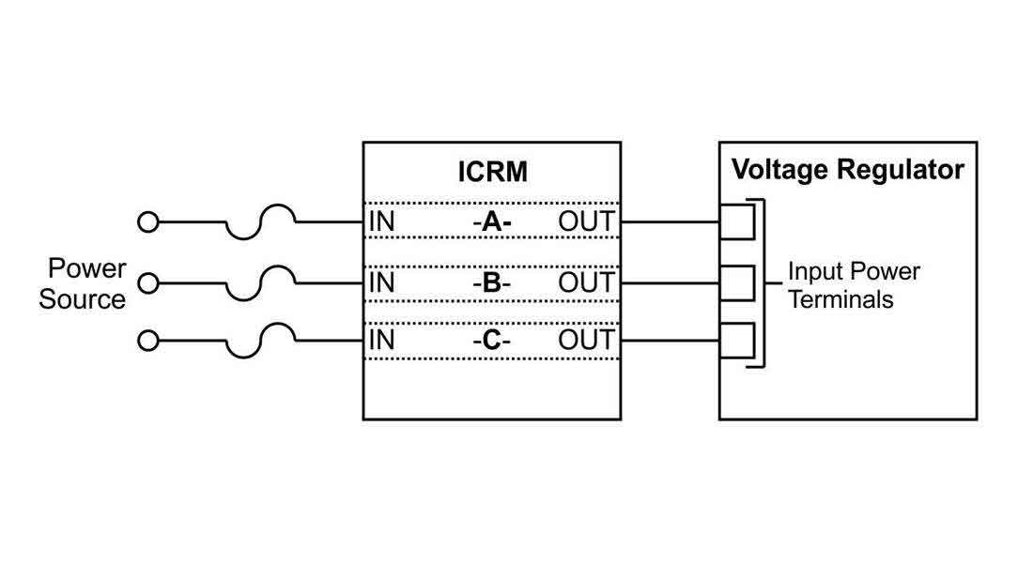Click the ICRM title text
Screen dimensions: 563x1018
point(492,173)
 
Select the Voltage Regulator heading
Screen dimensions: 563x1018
point(847,170)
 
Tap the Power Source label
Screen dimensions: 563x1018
point(84,284)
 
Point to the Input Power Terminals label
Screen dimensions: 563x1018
point(853,285)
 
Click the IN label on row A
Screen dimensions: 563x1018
point(381,223)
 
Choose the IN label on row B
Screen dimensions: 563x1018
point(381,282)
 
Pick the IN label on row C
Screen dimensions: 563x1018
point(381,341)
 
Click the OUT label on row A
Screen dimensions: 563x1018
point(586,223)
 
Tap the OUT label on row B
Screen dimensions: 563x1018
point(586,282)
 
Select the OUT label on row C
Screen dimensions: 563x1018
point(586,341)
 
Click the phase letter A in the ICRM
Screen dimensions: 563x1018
point(492,223)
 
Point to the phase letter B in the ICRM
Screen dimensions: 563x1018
point(492,282)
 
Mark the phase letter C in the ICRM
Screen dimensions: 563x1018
point(492,341)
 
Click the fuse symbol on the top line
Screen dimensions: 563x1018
point(261,220)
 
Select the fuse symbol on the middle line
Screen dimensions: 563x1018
point(261,279)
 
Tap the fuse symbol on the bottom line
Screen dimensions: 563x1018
point(261,337)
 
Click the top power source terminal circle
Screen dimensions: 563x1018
point(147,223)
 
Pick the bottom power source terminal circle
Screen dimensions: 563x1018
point(147,341)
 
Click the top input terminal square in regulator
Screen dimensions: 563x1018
point(738,223)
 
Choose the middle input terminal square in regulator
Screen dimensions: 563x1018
point(738,282)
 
